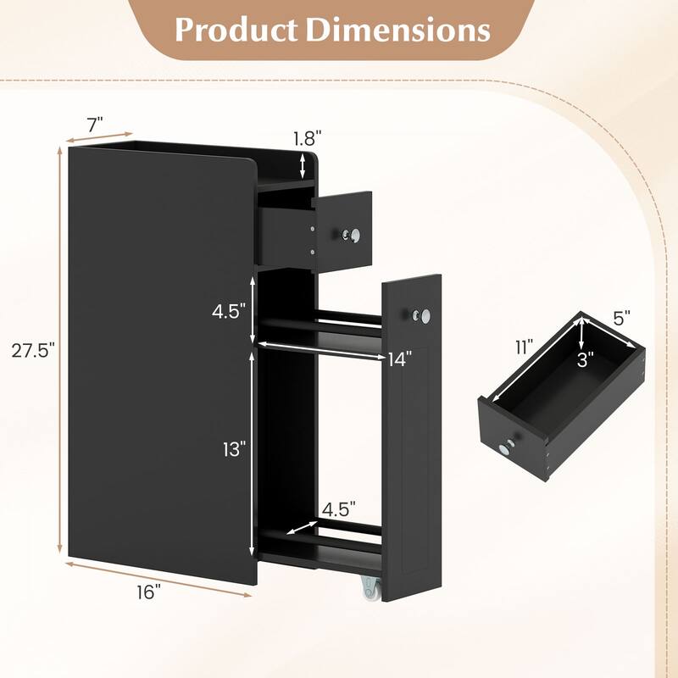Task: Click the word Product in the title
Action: pyautogui.click(x=233, y=30)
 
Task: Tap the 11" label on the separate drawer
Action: pyautogui.click(x=522, y=347)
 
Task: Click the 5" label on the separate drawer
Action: pyautogui.click(x=623, y=320)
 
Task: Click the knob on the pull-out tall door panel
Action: pyautogui.click(x=418, y=315)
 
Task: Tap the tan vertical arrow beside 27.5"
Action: pyautogui.click(x=60, y=349)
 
